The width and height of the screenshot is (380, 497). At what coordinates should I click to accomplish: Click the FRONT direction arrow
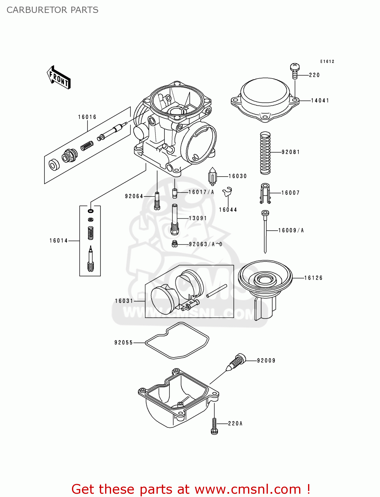(59, 78)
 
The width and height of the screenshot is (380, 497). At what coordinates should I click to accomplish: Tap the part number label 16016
(87, 117)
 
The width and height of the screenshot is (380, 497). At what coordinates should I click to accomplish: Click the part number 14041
(320, 100)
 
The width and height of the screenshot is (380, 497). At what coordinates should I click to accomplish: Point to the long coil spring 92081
(265, 153)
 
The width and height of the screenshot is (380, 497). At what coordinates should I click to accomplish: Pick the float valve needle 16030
(213, 177)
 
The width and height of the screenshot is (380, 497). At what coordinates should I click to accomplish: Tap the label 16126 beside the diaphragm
(313, 278)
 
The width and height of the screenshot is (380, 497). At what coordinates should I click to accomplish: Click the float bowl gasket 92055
(177, 341)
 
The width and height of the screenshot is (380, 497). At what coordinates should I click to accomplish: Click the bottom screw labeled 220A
(214, 426)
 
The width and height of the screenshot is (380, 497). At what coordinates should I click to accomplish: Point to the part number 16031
(124, 301)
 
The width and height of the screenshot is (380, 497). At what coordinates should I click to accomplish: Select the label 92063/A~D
(206, 244)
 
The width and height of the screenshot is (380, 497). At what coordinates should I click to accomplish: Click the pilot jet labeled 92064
(157, 201)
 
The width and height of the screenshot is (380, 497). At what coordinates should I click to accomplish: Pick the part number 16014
(59, 241)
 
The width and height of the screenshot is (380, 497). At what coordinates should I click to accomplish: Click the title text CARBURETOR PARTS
(52, 10)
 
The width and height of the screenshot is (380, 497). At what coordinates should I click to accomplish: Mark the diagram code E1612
(327, 62)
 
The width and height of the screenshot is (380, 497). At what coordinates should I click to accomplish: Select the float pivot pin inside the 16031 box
(217, 291)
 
